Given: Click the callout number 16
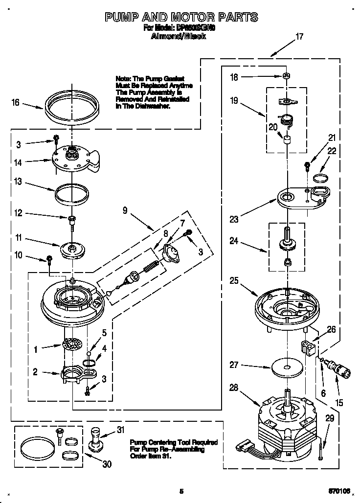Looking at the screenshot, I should click(x=15, y=102).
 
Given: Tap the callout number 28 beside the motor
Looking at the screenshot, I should click(x=234, y=388).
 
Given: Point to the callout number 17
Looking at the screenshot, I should click(x=299, y=36).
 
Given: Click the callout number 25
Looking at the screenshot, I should click(x=233, y=281).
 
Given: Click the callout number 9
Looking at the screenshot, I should click(x=125, y=210).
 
